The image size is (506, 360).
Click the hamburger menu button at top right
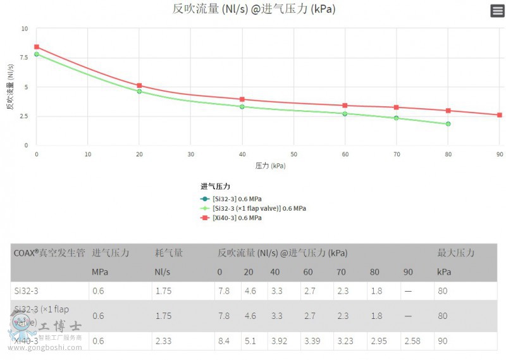point(497,11)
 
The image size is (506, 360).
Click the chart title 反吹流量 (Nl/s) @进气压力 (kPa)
point(254,9)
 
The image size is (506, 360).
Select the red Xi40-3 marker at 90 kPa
point(500,115)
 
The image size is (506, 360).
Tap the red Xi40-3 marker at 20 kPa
point(139,85)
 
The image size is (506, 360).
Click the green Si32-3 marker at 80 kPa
point(448,124)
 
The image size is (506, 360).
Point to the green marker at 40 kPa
point(242,106)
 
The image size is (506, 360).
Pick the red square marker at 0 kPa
point(37,47)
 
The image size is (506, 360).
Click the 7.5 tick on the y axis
point(23,58)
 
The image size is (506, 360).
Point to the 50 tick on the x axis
point(293,154)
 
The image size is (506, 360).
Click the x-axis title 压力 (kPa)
point(271,166)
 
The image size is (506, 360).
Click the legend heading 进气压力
point(215,187)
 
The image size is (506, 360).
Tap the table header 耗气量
point(169,253)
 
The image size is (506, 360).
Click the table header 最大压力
point(455,253)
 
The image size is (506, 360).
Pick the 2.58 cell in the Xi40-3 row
point(411,341)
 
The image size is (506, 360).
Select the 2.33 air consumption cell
point(163,341)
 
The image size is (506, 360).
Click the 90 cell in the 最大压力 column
point(442,341)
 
